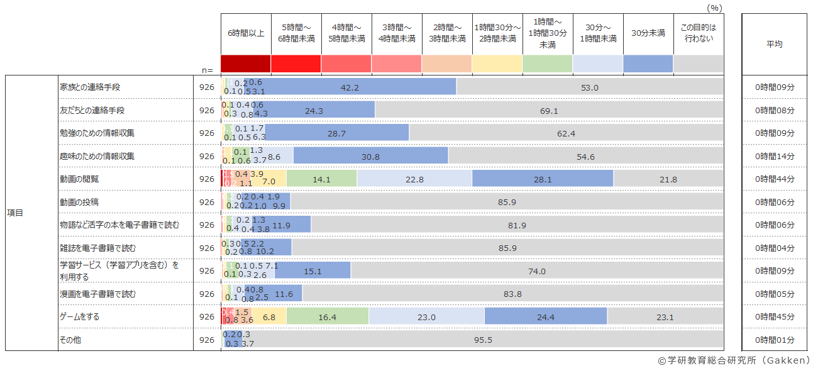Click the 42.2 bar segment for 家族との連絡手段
[x=350, y=87]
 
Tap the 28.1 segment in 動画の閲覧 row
[x=542, y=179]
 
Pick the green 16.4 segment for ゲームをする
[x=328, y=318]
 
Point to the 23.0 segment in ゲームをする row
[x=426, y=318]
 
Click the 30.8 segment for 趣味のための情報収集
[x=370, y=157]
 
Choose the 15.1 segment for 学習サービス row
[x=312, y=271]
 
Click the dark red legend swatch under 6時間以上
[x=246, y=64]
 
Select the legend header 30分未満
[x=648, y=33]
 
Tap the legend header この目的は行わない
[x=698, y=33]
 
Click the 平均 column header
[x=775, y=44]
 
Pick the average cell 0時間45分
[x=775, y=317]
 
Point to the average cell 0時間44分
[x=775, y=179]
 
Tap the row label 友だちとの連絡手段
[x=92, y=110]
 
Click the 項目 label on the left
[x=15, y=213]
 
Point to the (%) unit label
[x=714, y=8]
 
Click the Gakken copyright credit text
[x=734, y=361]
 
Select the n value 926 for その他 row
[x=207, y=340]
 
